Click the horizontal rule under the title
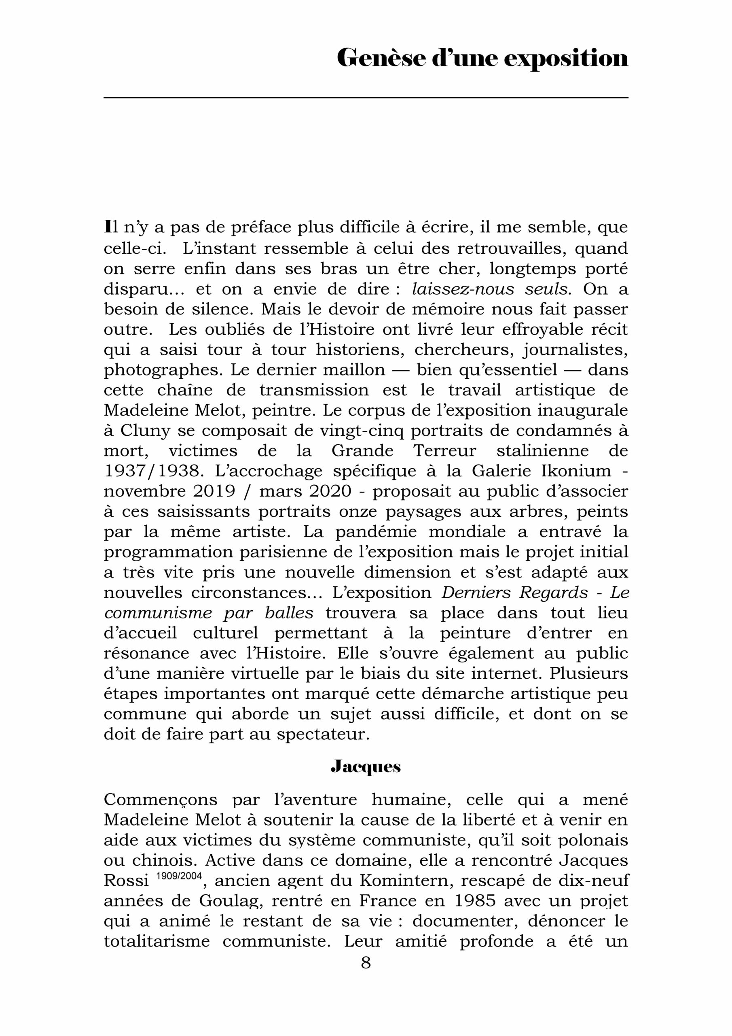(x=366, y=98)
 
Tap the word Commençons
(x=161, y=800)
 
